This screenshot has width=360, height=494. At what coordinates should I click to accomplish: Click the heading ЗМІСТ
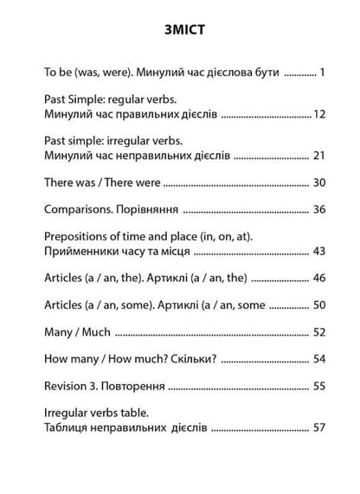tap(180, 33)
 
